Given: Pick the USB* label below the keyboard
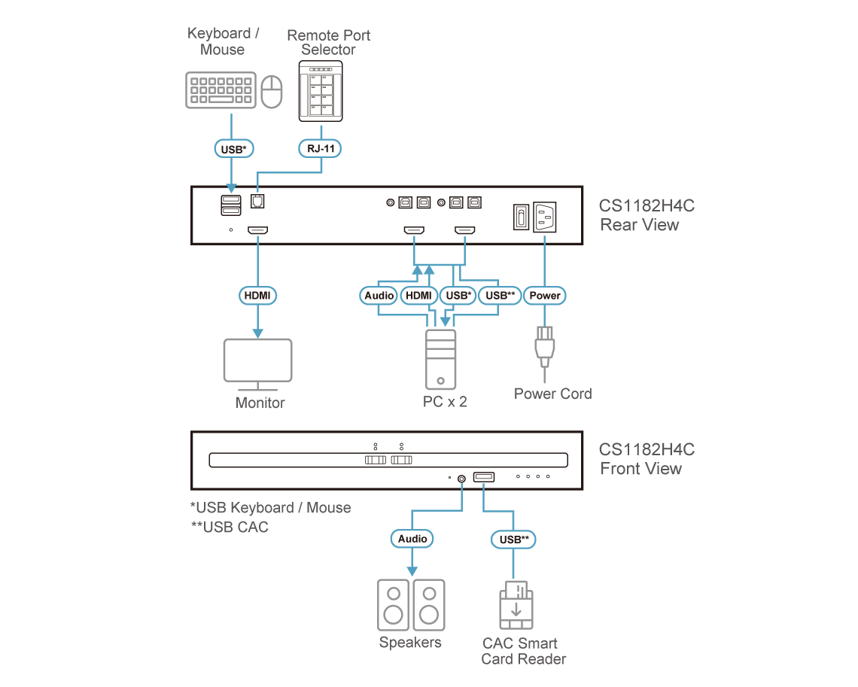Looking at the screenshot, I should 233,149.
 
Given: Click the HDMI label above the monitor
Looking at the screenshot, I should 257,296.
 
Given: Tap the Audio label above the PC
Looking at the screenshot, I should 379,296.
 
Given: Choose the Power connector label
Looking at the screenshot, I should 545,296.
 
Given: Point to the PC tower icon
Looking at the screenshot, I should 440,359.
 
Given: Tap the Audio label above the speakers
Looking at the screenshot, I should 412,538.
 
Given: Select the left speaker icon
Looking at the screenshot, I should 393,604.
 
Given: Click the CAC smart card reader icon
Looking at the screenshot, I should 516,605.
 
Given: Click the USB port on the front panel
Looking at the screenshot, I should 483,477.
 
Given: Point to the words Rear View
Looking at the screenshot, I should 640,225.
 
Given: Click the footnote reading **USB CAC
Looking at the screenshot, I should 230,527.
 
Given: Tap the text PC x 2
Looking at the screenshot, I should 445,402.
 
